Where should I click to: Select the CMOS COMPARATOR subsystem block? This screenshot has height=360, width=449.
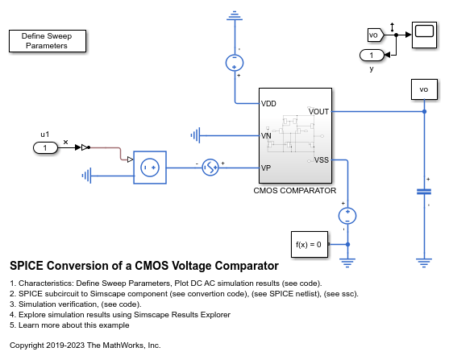pos(294,135)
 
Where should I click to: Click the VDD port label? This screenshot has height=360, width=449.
pos(269,104)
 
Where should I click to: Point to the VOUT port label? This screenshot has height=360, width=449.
pos(318,112)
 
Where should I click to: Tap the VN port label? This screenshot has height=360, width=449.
pos(267,135)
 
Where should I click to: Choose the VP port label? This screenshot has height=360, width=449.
pos(266,168)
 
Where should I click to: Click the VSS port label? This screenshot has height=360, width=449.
pos(321,159)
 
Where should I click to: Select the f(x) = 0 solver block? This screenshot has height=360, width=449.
pos(309,244)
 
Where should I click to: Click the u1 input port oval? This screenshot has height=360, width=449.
pos(46,147)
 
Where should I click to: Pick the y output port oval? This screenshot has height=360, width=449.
pos(372,55)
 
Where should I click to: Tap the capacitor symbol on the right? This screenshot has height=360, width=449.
pos(424,191)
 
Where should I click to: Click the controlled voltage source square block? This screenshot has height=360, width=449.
pos(149,168)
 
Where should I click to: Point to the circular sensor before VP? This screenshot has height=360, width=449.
pos(210,168)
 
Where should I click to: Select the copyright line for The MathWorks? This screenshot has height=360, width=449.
pos(85,345)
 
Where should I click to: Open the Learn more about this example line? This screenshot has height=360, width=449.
pos(71,325)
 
